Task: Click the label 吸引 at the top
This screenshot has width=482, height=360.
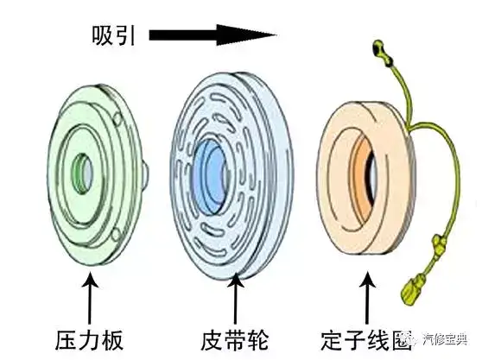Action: (x=113, y=35)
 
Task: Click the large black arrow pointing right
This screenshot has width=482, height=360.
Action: (x=212, y=35)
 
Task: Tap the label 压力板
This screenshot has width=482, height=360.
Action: (x=90, y=340)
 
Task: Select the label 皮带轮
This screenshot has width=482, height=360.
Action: (x=235, y=340)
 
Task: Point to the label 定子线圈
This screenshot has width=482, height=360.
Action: (x=366, y=340)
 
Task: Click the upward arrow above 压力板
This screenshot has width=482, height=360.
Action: (x=90, y=298)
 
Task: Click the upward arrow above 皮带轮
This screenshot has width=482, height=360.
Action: (x=236, y=298)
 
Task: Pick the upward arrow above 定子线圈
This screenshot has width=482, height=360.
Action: (x=367, y=298)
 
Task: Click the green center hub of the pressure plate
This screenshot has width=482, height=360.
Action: (x=82, y=174)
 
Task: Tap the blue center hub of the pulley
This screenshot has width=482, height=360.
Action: (x=209, y=175)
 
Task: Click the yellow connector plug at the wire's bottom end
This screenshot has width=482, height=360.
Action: (x=413, y=290)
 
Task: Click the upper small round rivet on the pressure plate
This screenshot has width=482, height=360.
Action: (x=118, y=118)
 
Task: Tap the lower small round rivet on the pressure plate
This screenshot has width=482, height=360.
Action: (x=117, y=235)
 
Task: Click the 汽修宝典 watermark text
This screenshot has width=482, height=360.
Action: (x=445, y=339)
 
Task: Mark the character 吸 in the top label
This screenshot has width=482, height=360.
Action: (x=102, y=35)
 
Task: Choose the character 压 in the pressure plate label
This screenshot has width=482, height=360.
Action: (x=67, y=340)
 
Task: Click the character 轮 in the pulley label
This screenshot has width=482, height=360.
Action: (x=257, y=340)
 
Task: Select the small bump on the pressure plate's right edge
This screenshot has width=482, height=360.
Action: (x=145, y=174)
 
